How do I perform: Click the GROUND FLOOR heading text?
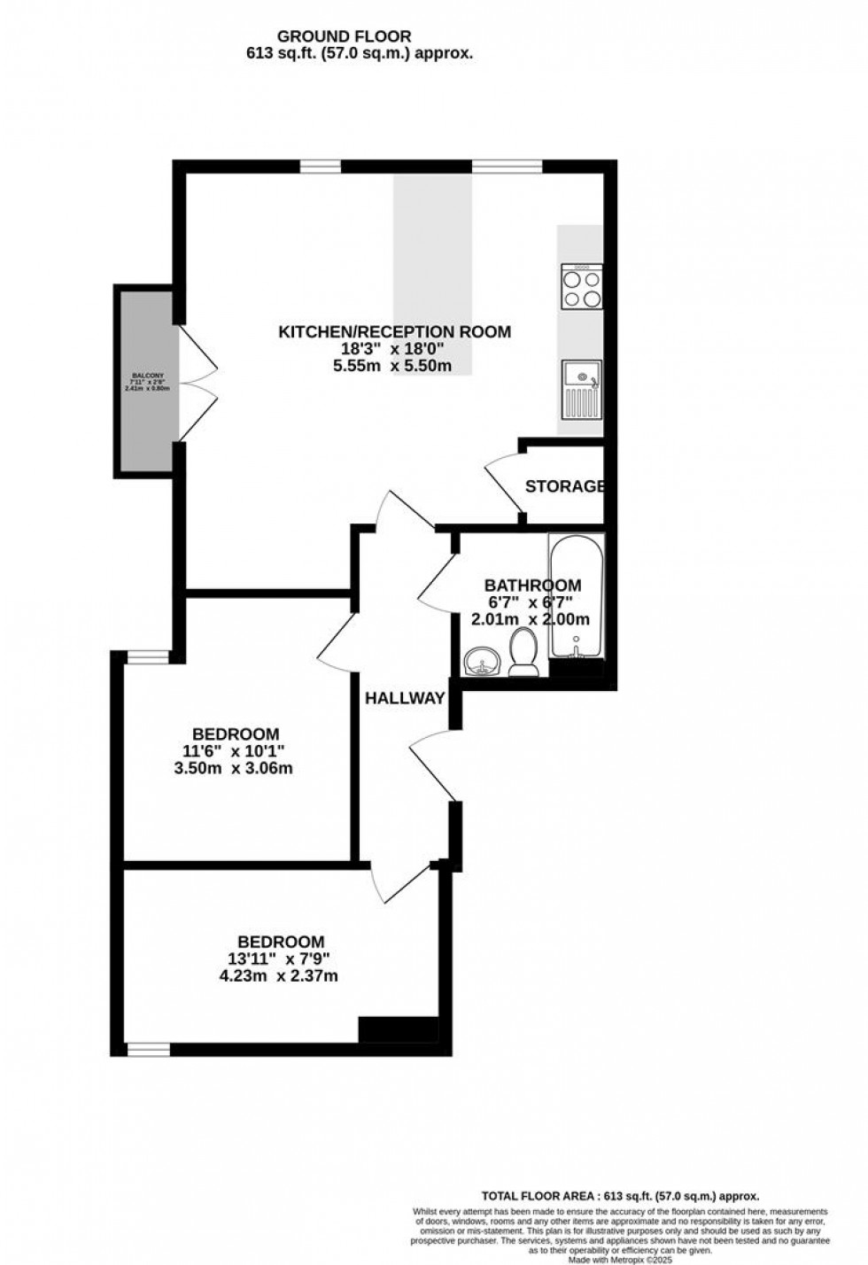[344, 36]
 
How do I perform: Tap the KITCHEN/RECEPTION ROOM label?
[395, 332]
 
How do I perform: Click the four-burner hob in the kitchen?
[582, 287]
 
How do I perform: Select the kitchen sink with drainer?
[582, 389]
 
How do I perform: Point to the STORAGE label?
[565, 486]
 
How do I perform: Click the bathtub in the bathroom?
[577, 598]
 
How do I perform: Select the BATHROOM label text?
[532, 586]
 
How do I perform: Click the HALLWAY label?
[405, 698]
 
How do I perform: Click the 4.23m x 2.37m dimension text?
[281, 976]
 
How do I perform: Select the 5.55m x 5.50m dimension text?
[392, 366]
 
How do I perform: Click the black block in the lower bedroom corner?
[399, 1028]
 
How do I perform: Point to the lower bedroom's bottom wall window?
[148, 1049]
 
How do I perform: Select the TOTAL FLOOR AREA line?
[620, 1195]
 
